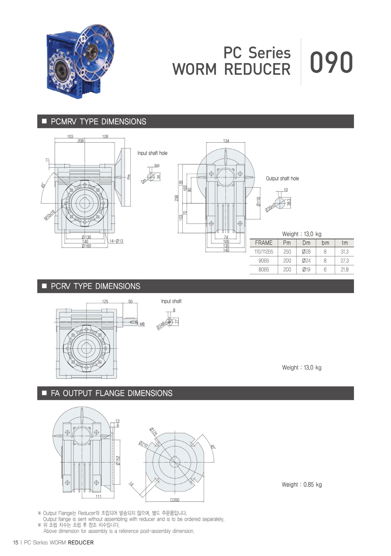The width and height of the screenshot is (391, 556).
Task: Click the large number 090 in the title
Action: (331, 62)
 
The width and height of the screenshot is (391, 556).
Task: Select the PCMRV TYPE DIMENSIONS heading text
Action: (98, 121)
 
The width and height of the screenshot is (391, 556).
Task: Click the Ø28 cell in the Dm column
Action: (306, 251)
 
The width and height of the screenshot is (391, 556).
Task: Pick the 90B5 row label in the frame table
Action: (264, 261)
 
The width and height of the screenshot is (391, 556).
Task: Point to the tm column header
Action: (345, 243)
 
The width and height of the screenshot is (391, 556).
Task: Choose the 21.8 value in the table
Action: (344, 270)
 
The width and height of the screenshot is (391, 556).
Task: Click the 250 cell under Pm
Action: (287, 251)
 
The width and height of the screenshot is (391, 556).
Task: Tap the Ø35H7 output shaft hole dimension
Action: (270, 208)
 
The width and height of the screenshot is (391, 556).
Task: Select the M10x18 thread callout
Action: (49, 215)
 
